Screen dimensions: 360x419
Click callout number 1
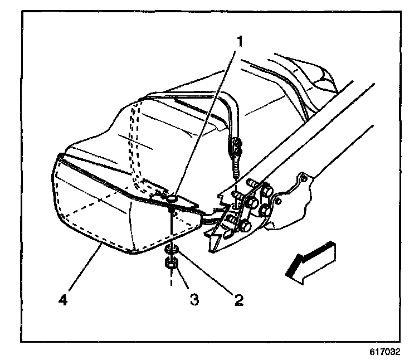(x=240, y=40)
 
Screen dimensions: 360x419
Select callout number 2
(x=239, y=300)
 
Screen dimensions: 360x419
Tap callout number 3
(x=194, y=300)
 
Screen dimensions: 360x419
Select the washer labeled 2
(x=172, y=249)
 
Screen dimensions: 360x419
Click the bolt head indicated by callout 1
(x=172, y=197)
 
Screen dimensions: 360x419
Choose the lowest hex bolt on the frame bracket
(x=245, y=226)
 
